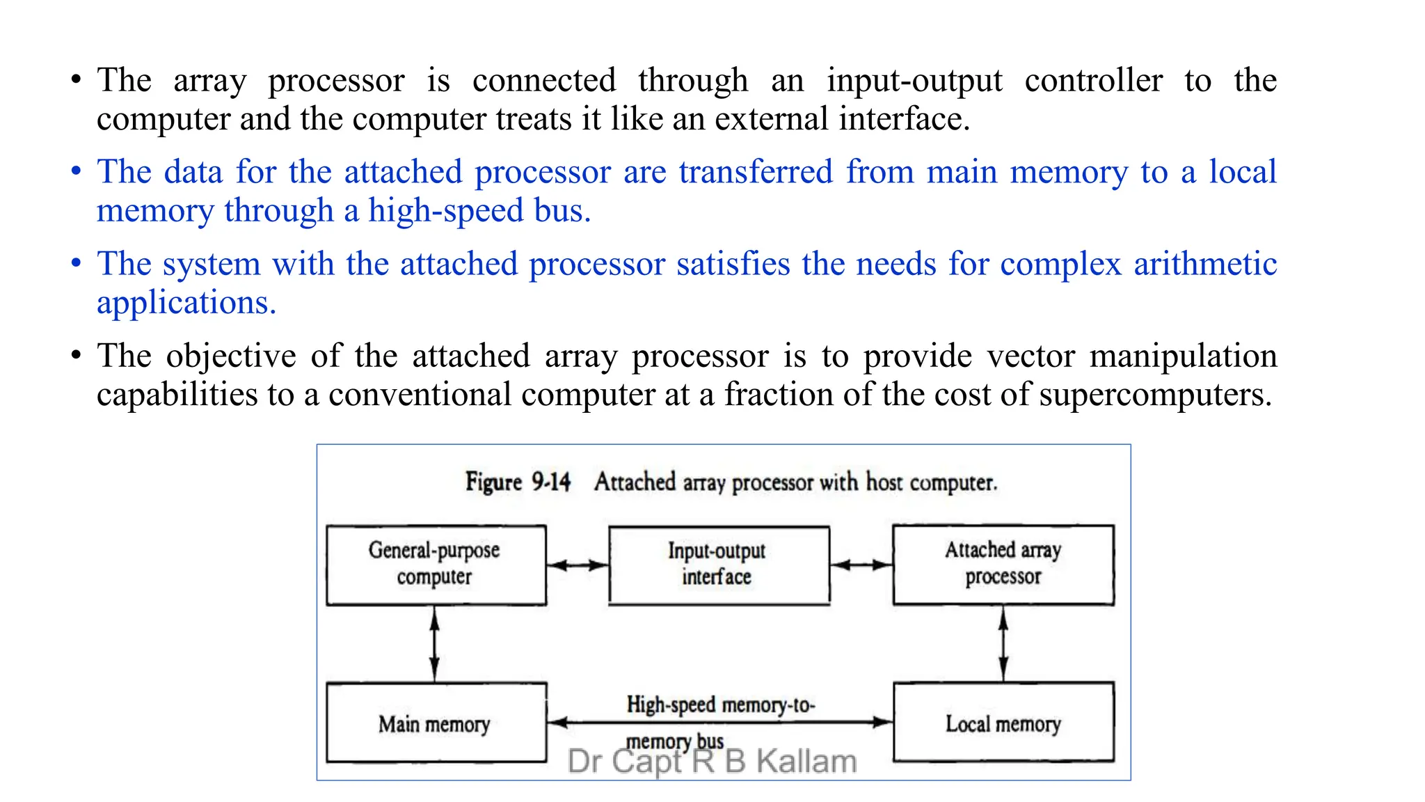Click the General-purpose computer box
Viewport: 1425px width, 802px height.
point(436,565)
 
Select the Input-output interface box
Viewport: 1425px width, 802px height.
point(719,565)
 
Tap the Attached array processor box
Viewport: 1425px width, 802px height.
point(1003,565)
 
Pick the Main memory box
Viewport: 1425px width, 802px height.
point(436,723)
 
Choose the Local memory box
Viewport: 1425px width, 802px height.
point(1003,723)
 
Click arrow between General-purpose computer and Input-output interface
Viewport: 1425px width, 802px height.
point(578,565)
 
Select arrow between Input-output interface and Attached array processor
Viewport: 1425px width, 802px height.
point(861,565)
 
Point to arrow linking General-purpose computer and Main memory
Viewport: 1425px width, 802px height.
point(435,643)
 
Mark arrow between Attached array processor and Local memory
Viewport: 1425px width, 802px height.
point(1003,643)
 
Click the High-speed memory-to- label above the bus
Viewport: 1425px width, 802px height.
point(720,705)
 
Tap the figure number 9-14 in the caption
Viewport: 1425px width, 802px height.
point(551,482)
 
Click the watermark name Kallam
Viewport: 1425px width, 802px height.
point(806,762)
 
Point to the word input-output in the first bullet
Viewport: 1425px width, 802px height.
point(914,81)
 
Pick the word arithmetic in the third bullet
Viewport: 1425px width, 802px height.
point(1205,265)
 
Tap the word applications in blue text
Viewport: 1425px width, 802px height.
point(185,303)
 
